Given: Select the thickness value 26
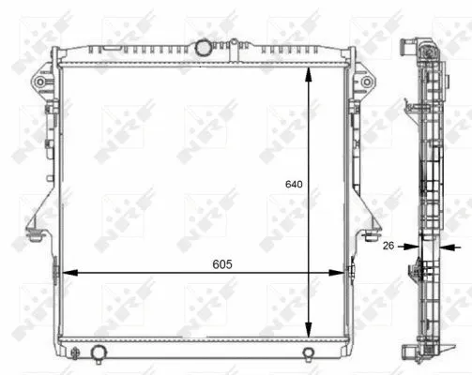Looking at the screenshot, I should tap(388, 247).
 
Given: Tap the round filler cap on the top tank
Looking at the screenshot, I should tap(205, 47).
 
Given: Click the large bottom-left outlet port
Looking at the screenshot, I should tap(99, 353).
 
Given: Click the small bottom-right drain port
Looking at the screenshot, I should tap(308, 353).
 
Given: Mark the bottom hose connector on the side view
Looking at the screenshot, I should tap(410, 352).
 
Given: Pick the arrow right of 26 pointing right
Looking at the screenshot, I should tap(408, 247).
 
